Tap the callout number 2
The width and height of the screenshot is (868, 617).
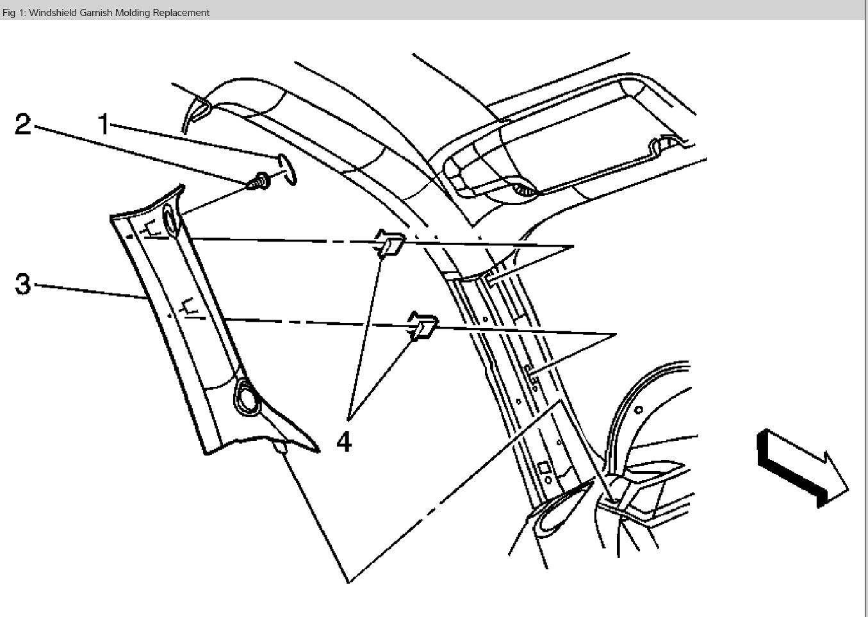[x=23, y=124]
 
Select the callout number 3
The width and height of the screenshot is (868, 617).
[x=22, y=283]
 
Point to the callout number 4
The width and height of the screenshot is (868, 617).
[x=344, y=441]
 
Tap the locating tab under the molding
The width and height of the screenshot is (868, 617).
[x=279, y=447]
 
